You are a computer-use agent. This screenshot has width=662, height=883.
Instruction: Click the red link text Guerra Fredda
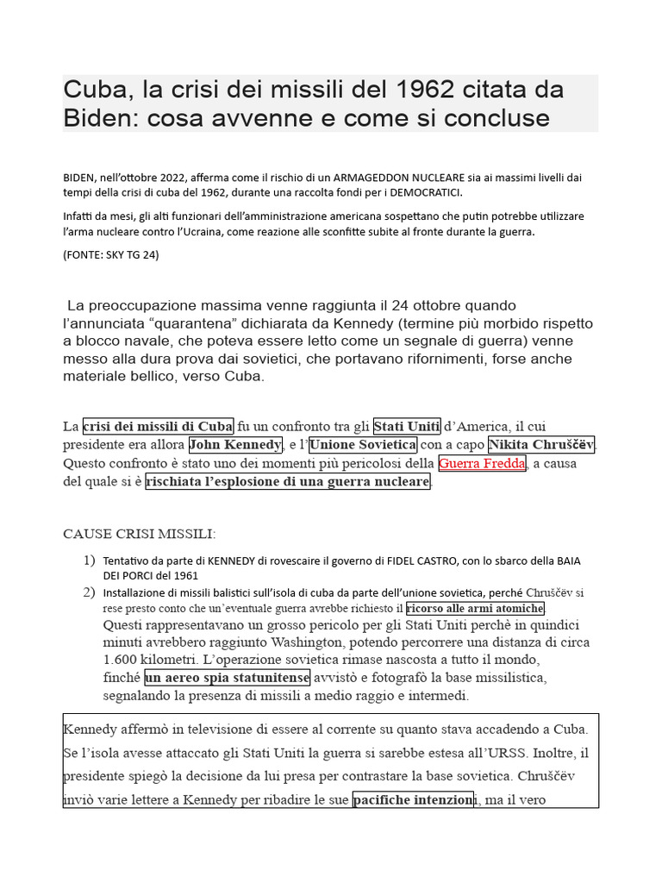(x=483, y=463)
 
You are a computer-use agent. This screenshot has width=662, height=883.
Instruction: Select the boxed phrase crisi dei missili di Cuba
(x=158, y=426)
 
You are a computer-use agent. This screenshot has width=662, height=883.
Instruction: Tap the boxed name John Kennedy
(x=235, y=445)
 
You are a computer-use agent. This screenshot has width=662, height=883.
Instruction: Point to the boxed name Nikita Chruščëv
(x=541, y=445)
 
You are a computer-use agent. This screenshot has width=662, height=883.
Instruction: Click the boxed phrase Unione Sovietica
(x=363, y=445)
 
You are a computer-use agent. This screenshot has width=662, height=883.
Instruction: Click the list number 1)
(x=89, y=560)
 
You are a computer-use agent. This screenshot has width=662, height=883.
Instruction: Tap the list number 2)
(x=89, y=592)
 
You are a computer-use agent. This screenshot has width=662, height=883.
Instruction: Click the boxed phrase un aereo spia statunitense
(x=227, y=676)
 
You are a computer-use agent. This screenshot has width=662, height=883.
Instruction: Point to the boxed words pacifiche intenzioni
(x=413, y=799)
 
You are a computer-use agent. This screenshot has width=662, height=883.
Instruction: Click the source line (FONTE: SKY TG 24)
(x=111, y=254)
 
